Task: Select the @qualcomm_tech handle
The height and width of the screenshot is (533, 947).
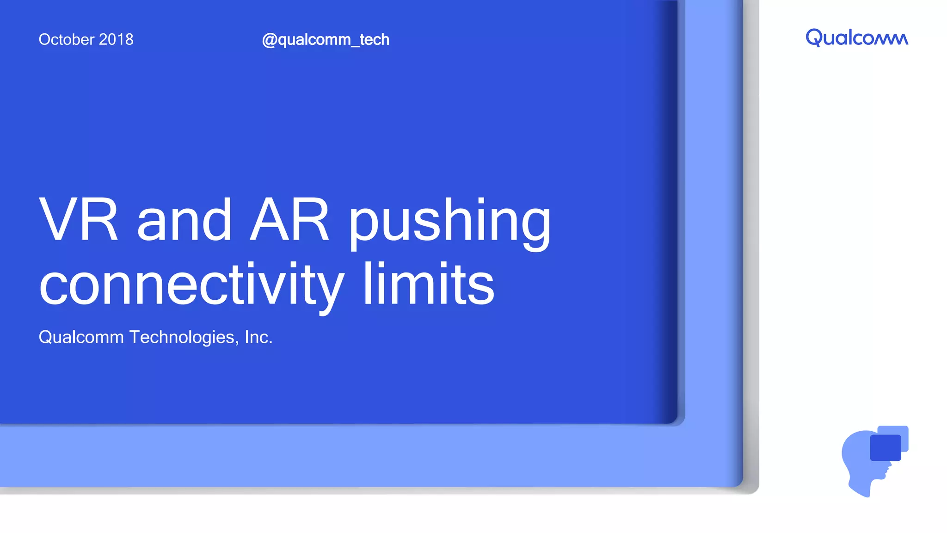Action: pos(326,40)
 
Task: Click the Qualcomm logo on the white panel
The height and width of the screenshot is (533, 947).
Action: pos(857,37)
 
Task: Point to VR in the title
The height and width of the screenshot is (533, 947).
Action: pos(79,219)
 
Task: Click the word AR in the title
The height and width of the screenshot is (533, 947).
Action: pos(289,219)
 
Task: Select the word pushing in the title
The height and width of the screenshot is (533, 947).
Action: pos(449,222)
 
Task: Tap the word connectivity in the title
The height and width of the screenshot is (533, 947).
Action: pos(191,285)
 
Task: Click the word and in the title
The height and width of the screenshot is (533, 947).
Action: pos(184,219)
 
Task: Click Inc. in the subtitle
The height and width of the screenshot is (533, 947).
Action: pos(258,337)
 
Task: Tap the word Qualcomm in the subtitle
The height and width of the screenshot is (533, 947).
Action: pos(81,337)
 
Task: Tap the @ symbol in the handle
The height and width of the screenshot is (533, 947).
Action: pos(269,40)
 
